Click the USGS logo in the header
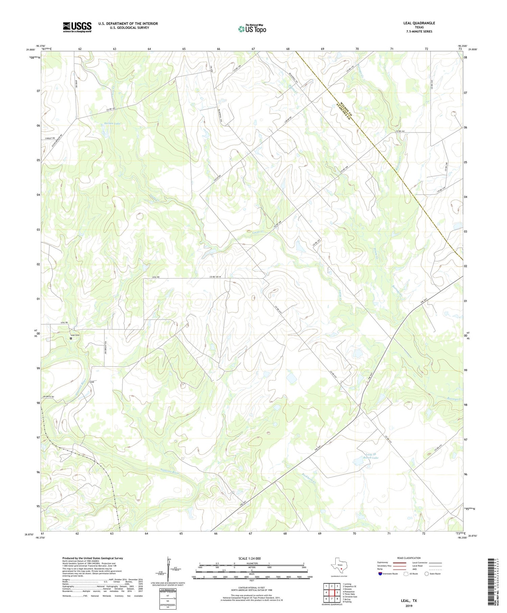coord(77,27)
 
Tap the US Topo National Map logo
coord(252,29)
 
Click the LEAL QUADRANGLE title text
coord(419,23)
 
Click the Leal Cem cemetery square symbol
coord(71,338)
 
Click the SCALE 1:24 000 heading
coord(251,558)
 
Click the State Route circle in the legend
coord(427,573)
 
